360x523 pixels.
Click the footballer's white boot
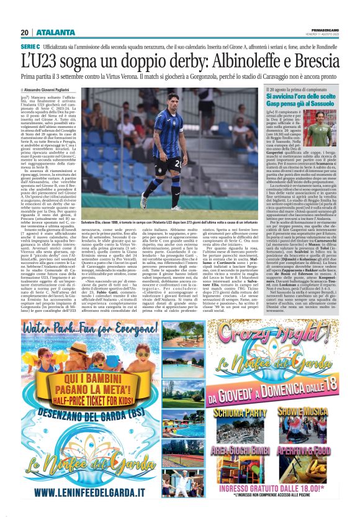coord(144,201)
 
